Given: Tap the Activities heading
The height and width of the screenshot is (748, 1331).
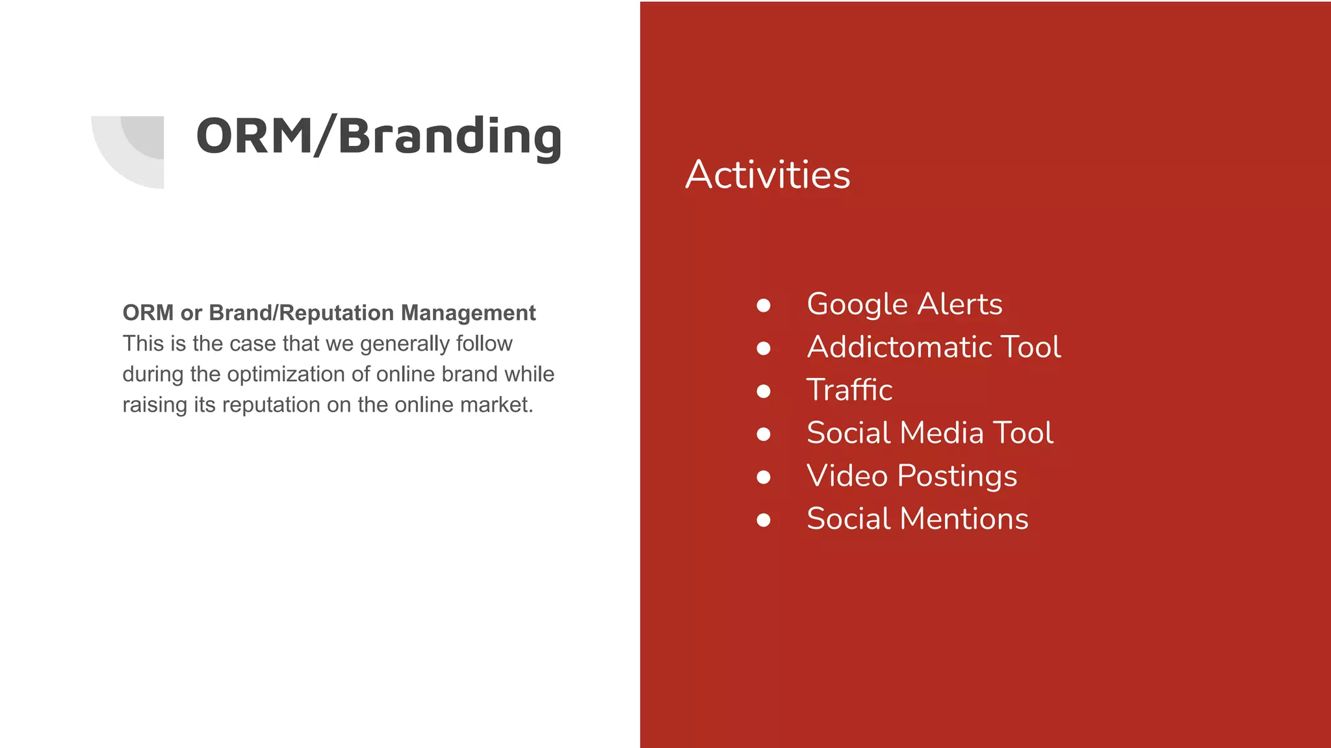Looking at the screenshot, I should [x=768, y=175].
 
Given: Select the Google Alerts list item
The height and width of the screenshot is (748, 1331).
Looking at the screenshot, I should [x=904, y=304].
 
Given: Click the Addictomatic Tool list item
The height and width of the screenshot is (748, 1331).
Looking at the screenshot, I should [x=934, y=347].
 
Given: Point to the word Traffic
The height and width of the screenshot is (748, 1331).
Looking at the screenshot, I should [x=849, y=390].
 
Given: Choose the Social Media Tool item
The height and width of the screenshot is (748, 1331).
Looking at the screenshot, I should [x=929, y=432].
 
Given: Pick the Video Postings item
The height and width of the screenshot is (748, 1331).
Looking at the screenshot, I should [x=911, y=476].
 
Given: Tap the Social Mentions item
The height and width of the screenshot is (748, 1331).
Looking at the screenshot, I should [x=917, y=519].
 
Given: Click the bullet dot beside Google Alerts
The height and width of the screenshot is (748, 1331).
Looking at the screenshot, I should [x=764, y=305].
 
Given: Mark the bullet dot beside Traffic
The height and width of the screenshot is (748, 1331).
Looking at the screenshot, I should [x=764, y=392].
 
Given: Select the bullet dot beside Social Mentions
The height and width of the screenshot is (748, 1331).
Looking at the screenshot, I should [x=764, y=520].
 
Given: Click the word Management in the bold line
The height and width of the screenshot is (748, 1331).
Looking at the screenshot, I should [x=468, y=313].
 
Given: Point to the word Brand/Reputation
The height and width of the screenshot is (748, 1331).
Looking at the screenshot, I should [x=301, y=313].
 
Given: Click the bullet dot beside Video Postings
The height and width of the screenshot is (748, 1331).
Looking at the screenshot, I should [x=764, y=477].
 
